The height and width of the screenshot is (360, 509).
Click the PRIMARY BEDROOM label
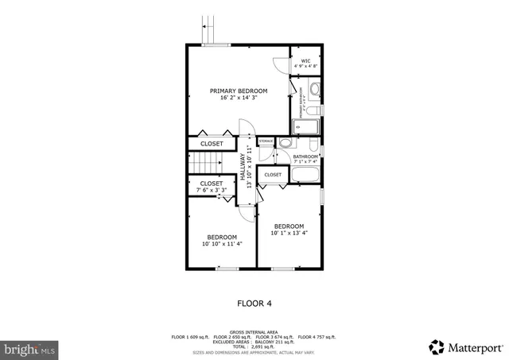coord(239,91)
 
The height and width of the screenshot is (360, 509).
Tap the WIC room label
coord(305,60)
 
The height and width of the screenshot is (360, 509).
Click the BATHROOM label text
coord(305,157)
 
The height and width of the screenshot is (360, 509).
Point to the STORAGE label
coord(266,141)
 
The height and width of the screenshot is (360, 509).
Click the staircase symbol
coord(206,164)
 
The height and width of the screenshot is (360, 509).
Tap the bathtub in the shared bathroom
coord(304,175)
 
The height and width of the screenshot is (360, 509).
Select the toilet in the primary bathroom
coord(314,109)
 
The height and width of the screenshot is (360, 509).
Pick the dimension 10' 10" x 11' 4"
coord(222,243)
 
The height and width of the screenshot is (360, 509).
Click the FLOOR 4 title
coord(254,302)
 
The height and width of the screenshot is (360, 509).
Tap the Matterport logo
coord(465,347)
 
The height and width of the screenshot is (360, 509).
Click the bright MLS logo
coord(30,348)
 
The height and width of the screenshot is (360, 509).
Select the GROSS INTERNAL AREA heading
coord(254,331)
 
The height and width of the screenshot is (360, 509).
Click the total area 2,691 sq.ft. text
coord(254,347)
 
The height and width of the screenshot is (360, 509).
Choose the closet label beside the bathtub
coord(273,174)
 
